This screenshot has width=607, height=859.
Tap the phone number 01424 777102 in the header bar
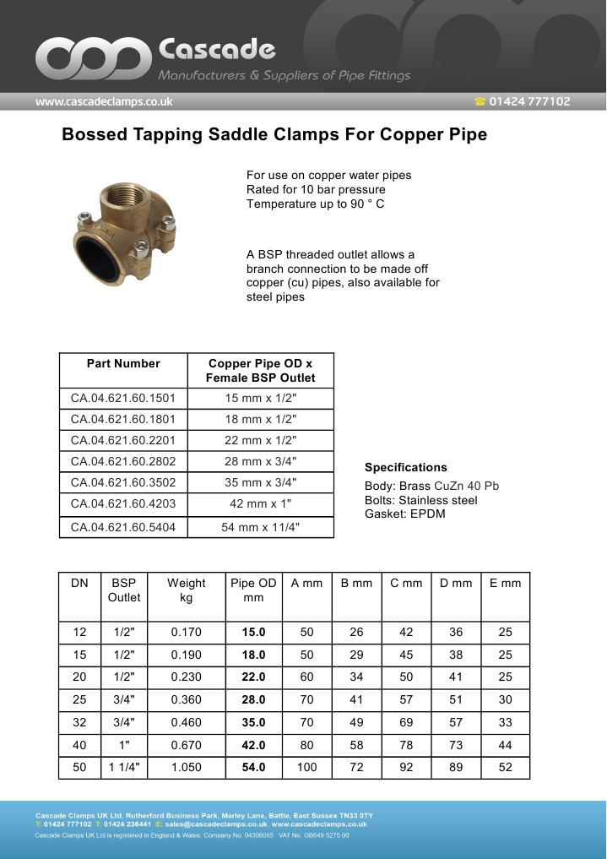[529, 101]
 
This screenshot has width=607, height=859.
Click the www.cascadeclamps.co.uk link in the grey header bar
[104, 101]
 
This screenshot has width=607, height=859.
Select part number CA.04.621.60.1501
[123, 398]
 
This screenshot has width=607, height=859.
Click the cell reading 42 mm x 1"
[260, 503]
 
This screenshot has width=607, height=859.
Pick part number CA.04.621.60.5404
[123, 527]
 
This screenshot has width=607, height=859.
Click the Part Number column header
[123, 364]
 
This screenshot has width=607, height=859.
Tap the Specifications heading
[405, 467]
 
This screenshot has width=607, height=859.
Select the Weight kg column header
[186, 590]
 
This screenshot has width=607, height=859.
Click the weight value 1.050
[186, 767]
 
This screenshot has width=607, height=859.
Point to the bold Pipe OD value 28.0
[253, 699]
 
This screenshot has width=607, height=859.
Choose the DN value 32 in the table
[79, 722]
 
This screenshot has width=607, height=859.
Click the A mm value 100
[306, 767]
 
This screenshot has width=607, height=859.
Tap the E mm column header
[505, 583]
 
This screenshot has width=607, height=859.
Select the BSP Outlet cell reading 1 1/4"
[124, 767]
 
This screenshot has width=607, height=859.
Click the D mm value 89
[456, 767]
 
